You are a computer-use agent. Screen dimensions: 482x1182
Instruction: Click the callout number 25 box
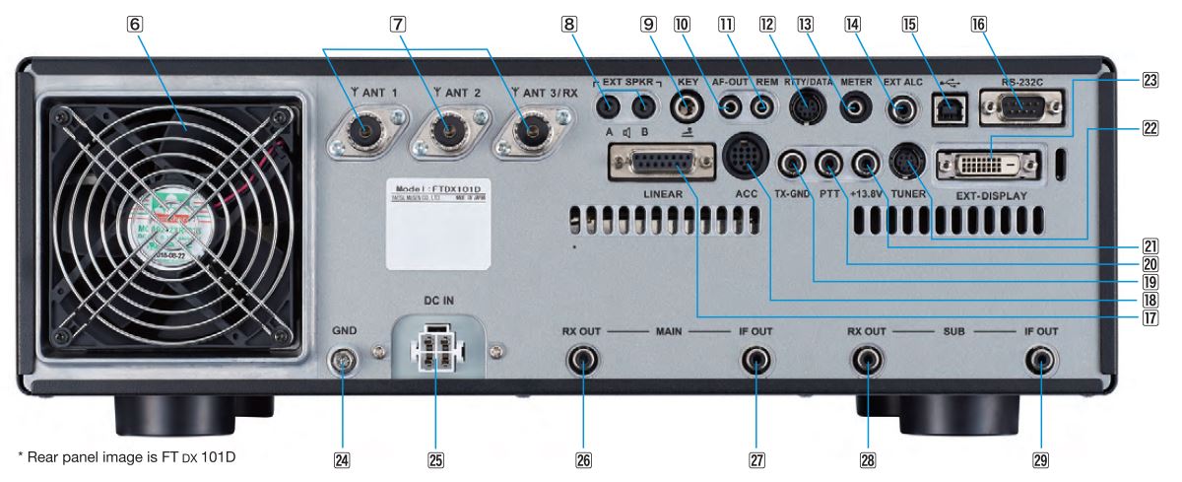click(x=434, y=457)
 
